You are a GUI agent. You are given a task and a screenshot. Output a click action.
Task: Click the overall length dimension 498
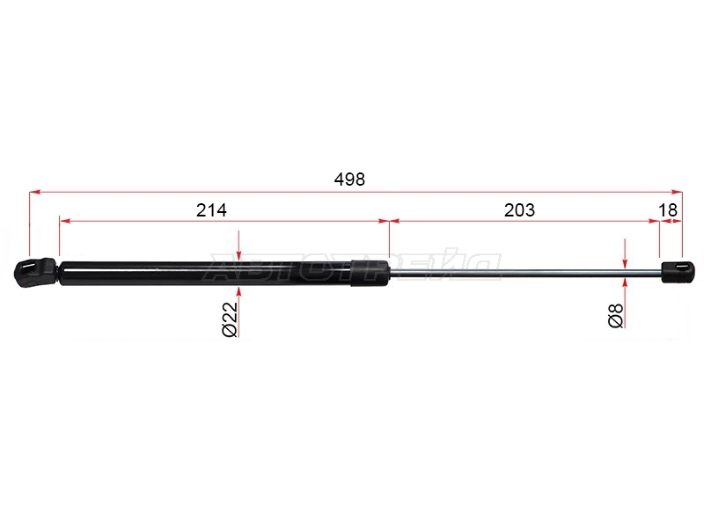349,180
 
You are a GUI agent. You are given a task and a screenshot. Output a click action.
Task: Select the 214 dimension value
211,209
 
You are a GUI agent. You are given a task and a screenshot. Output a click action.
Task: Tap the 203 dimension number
519,209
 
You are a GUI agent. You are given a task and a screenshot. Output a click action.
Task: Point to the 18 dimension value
668,209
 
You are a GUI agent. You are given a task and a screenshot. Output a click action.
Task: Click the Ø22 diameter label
230,319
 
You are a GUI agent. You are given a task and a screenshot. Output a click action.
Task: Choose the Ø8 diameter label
615,315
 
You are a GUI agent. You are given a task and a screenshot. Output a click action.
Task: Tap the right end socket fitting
678,272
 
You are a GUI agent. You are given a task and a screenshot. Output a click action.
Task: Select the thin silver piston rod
524,273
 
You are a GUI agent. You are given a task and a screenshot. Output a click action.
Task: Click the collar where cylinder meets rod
370,273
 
